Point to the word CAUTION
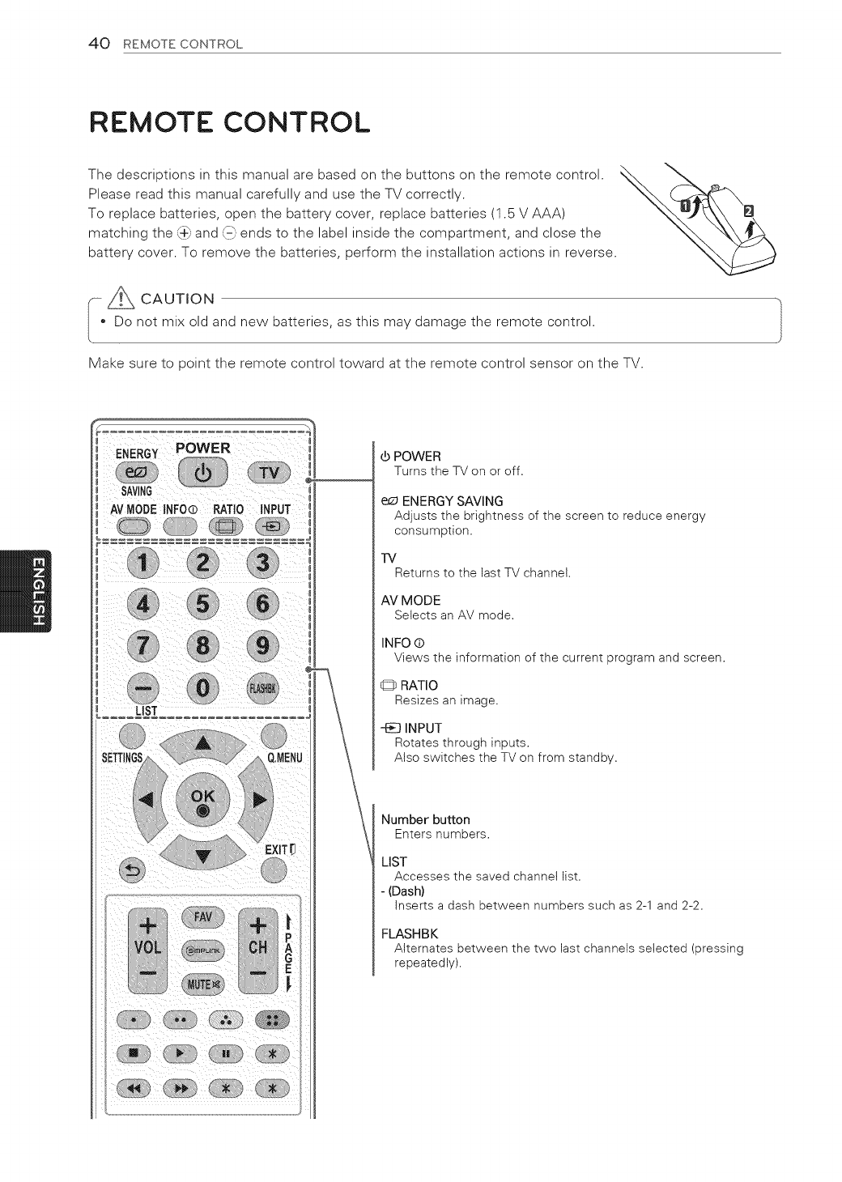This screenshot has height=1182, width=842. tap(177, 299)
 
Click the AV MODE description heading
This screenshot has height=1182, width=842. tap(410, 600)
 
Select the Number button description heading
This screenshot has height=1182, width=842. tap(425, 819)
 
